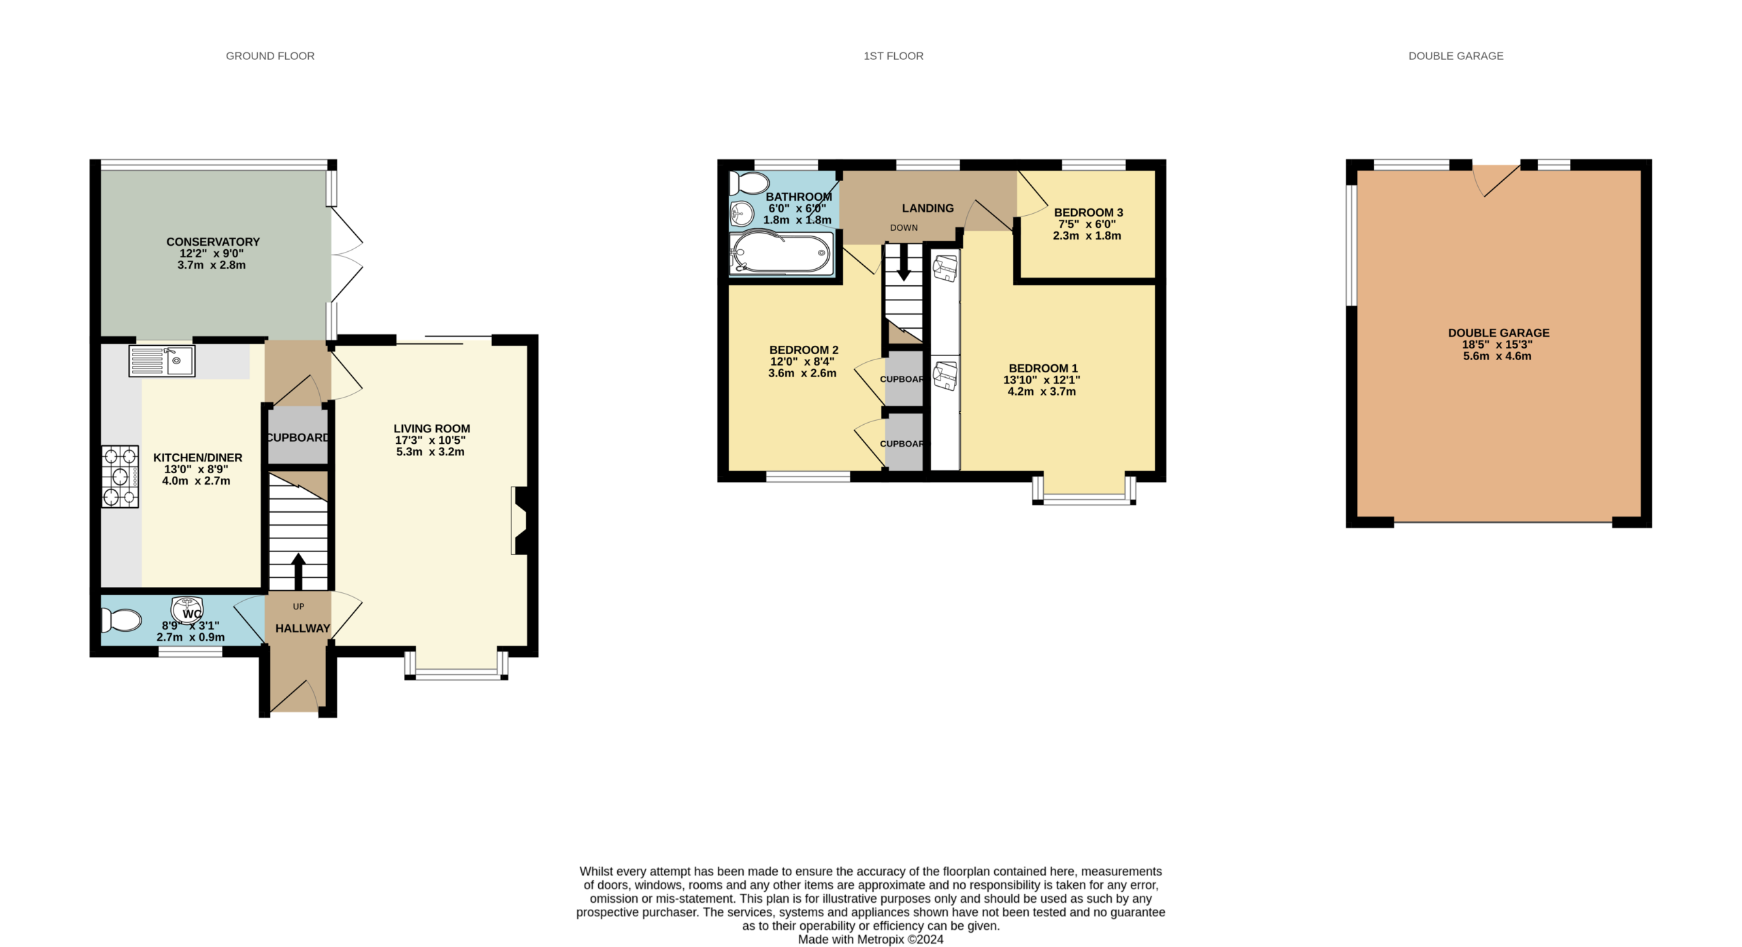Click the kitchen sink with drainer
point(162,361)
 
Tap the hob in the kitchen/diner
point(120,477)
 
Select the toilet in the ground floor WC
point(121,620)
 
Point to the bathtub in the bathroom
point(781,253)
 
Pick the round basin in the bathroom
point(742,214)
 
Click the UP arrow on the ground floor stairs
point(298,571)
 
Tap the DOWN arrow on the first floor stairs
point(904,262)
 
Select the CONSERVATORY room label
point(213,242)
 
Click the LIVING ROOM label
point(431,429)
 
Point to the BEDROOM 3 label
point(1088,212)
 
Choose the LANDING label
point(927,208)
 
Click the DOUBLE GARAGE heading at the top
point(1456,56)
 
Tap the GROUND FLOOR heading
point(270,56)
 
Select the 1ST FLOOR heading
point(893,56)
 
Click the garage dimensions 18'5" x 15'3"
point(1497,344)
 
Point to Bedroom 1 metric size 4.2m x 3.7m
point(1042,391)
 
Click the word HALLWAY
point(303,628)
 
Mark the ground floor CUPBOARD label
point(298,438)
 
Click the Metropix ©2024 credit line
point(870,940)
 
